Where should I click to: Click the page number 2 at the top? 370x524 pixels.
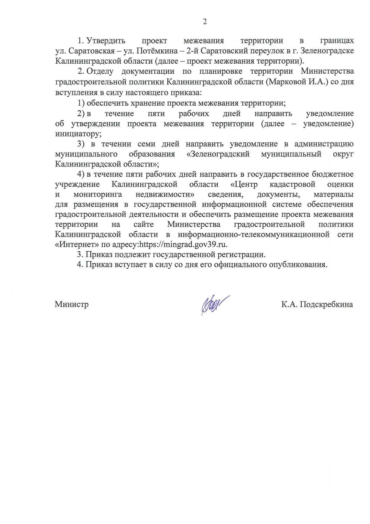point(205,22)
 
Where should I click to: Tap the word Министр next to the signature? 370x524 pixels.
point(72,304)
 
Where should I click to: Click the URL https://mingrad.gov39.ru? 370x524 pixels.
point(183,245)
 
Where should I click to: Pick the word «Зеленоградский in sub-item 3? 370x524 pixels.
point(218,154)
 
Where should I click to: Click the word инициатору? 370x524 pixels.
point(78,134)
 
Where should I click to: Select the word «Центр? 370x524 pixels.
point(244,184)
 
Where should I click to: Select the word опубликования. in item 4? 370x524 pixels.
point(298,265)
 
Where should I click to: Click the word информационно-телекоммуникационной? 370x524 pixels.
point(253,235)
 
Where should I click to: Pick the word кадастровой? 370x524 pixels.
point(292,184)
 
